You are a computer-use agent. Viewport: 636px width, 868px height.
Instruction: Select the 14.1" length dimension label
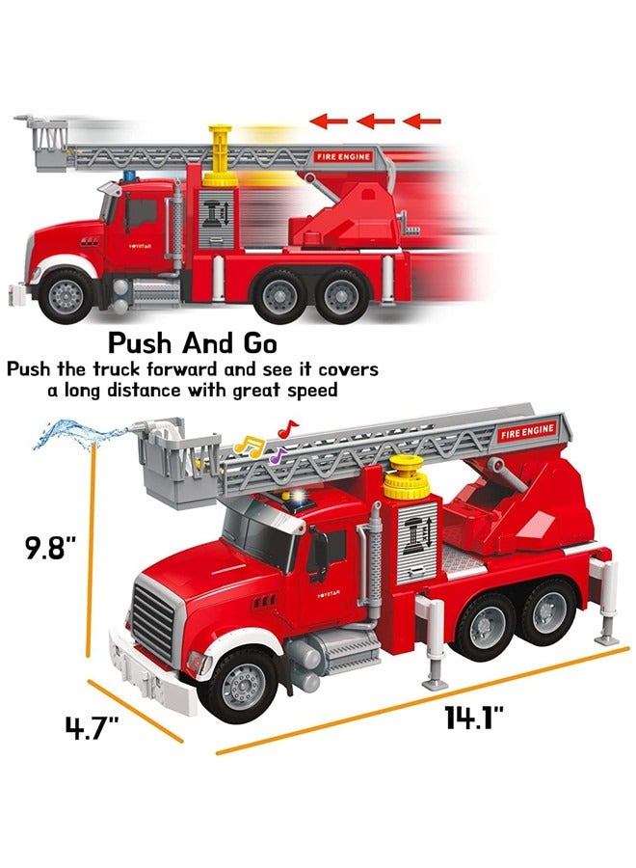473,718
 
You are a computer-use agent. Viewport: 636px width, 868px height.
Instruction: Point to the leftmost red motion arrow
329,122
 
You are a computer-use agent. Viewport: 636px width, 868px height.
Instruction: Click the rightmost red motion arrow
422,122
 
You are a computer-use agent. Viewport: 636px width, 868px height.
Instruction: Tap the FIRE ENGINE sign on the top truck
342,155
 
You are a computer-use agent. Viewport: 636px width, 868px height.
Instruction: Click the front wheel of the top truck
66,292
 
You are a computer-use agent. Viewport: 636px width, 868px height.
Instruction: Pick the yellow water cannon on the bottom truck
406,477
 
